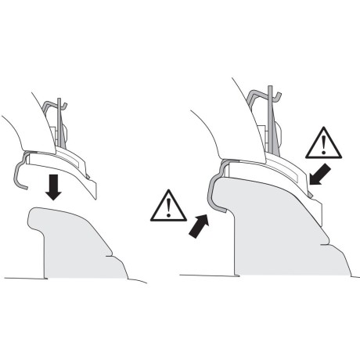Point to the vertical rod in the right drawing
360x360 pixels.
(x=268, y=117)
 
